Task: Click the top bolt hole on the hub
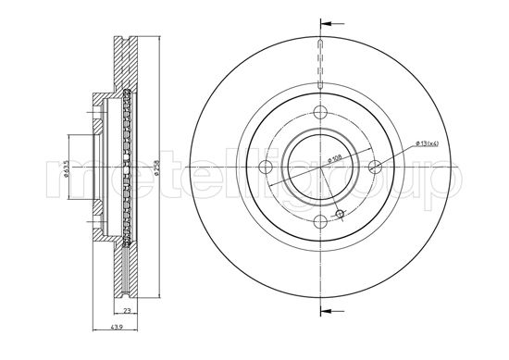point(320,112)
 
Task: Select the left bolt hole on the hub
point(266,168)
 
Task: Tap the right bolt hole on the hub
point(375,167)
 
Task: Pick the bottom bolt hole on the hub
point(320,222)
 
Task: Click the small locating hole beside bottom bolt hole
point(340,215)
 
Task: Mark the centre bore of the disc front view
point(320,168)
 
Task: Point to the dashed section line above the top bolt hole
point(320,69)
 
